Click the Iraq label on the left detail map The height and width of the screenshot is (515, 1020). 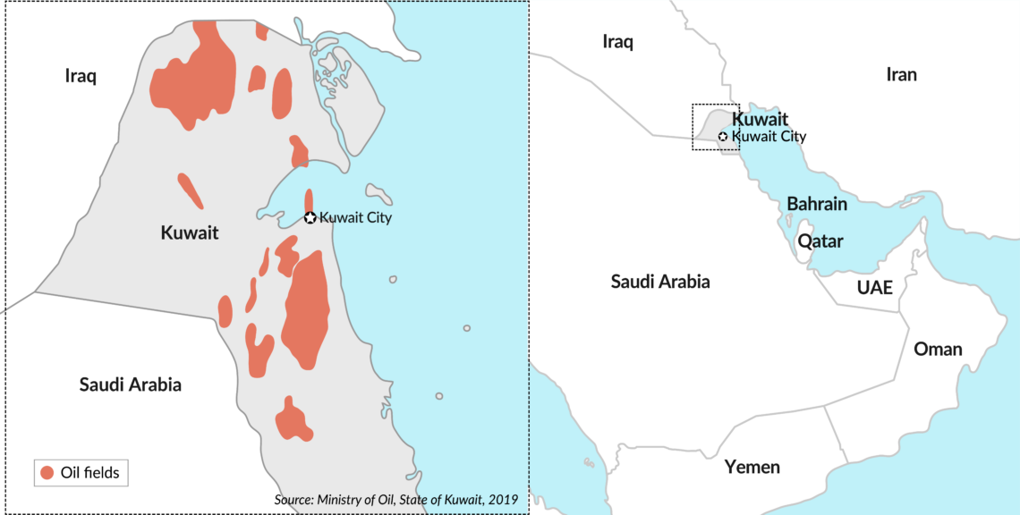tap(81, 75)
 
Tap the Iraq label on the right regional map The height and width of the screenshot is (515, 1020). tap(617, 41)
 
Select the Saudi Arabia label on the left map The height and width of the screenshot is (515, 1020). tap(130, 384)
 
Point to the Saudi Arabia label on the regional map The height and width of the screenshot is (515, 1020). tap(660, 282)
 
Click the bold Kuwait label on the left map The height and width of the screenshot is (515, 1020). tap(190, 233)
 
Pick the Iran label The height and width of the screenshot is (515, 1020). tap(901, 74)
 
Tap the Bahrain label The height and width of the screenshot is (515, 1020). tap(817, 204)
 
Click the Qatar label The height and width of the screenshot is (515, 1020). tap(820, 241)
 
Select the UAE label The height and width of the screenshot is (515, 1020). tap(874, 288)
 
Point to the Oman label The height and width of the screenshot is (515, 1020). tap(938, 349)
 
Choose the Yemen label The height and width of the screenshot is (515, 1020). tap(752, 467)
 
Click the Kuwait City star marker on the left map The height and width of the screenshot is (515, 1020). tap(310, 217)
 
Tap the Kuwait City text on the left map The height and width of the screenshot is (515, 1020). tap(355, 217)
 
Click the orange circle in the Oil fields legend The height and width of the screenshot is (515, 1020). tap(47, 472)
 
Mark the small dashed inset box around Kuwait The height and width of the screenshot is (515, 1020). tap(716, 127)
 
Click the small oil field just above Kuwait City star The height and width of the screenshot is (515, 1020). tap(310, 199)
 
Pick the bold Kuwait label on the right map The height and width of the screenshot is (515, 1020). tap(760, 119)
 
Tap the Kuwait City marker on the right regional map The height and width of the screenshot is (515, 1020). tap(723, 137)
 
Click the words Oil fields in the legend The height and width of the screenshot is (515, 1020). tap(89, 472)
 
